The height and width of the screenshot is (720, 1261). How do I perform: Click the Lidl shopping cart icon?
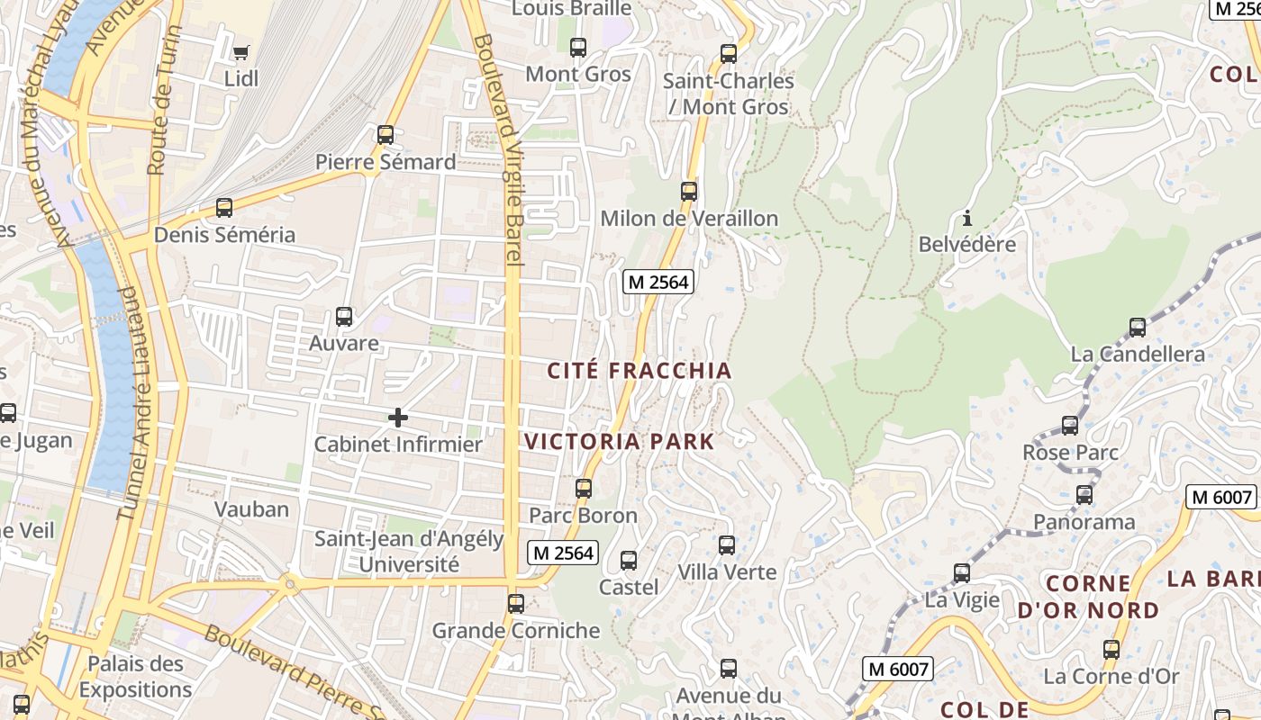click(240, 52)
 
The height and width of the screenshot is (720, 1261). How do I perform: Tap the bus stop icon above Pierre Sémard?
click(386, 135)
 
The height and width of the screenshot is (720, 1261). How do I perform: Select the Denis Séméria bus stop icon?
click(224, 208)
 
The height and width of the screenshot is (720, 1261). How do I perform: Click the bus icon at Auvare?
click(344, 317)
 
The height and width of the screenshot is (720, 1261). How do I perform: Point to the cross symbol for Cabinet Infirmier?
click(397, 418)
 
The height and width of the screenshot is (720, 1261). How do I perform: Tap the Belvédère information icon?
click(967, 218)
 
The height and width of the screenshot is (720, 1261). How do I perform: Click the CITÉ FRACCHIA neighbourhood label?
click(640, 371)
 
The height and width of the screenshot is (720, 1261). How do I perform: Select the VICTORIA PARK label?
click(620, 442)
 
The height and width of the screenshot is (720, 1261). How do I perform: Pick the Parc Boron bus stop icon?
click(584, 489)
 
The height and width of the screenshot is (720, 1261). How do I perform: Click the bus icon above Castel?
click(629, 561)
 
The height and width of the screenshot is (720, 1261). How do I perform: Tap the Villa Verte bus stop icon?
click(727, 545)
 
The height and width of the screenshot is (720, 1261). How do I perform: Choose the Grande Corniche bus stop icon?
click(516, 604)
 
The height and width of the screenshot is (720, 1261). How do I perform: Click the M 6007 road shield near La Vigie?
click(897, 669)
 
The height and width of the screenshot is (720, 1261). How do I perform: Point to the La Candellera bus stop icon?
click(1138, 328)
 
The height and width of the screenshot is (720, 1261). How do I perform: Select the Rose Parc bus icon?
click(1070, 426)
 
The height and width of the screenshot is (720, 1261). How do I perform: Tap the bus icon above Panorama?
click(1084, 495)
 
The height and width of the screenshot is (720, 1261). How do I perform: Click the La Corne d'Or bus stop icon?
click(1111, 650)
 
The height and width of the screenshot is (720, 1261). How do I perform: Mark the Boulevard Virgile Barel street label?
click(504, 148)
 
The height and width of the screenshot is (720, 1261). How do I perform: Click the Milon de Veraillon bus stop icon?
click(689, 192)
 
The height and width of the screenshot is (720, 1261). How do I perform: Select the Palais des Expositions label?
click(135, 677)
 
